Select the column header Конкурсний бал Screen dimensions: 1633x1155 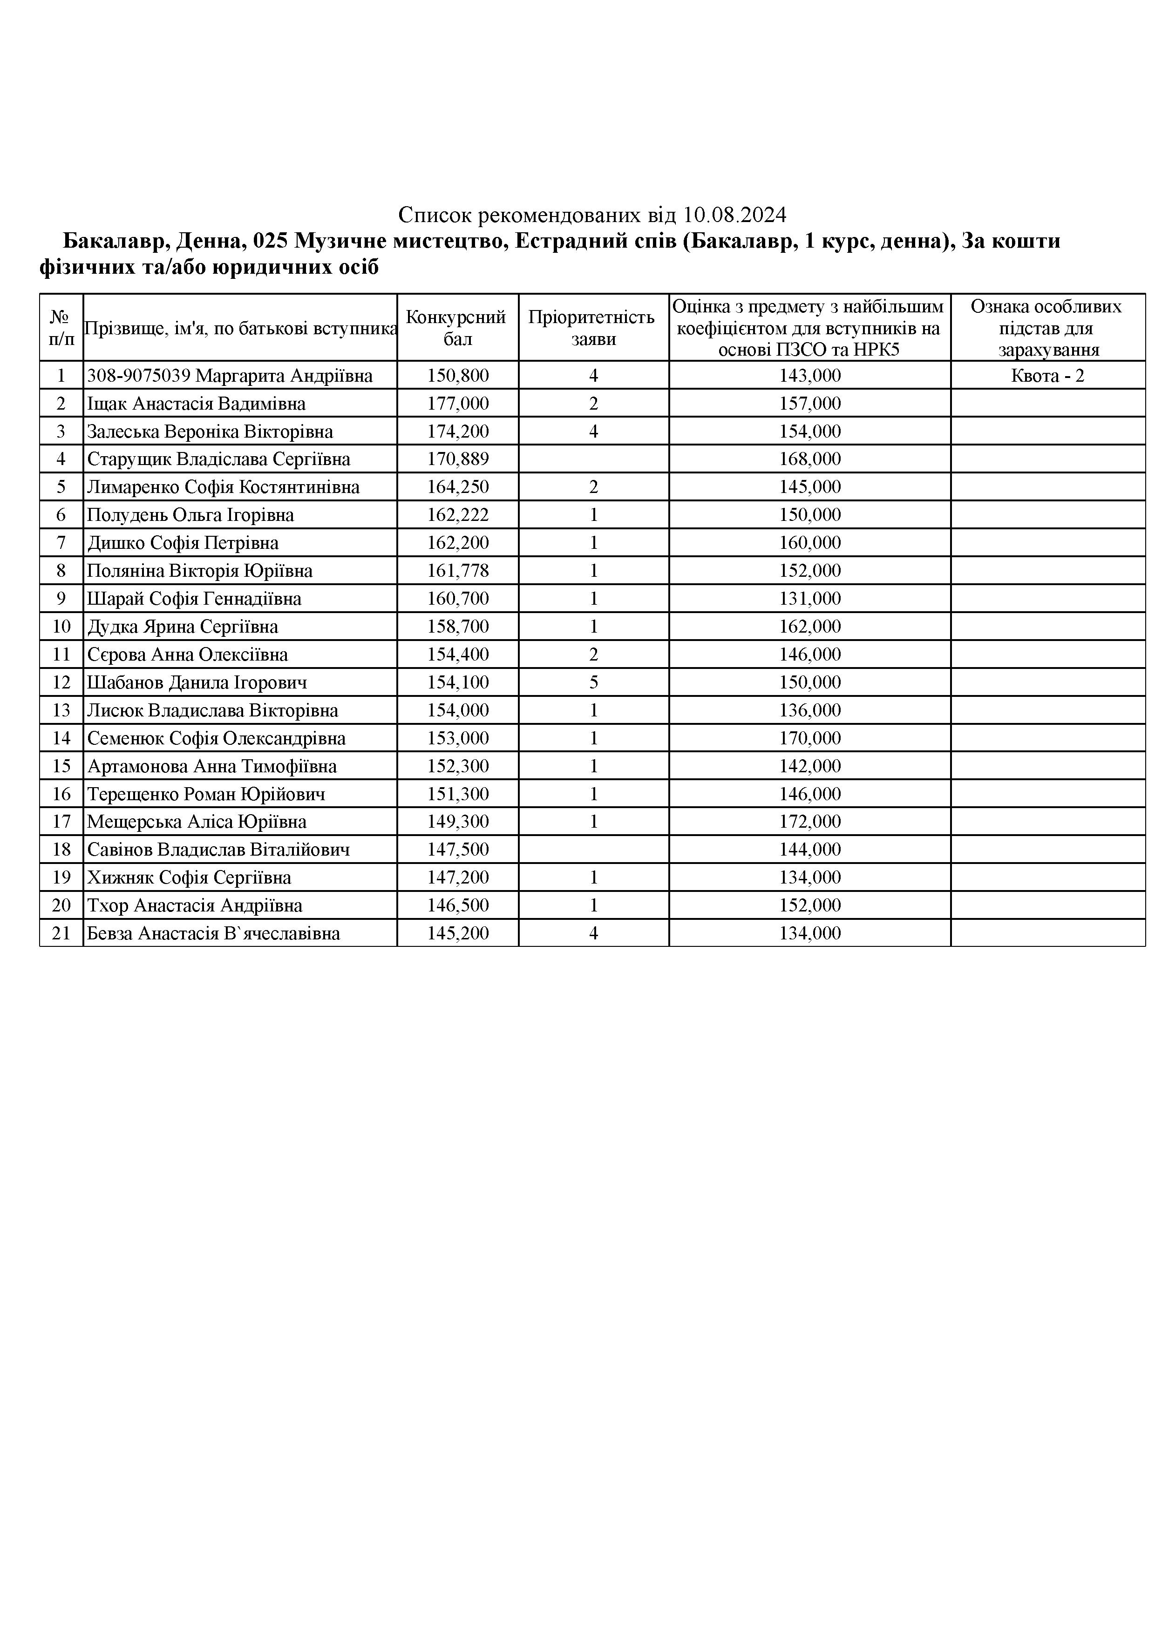457,328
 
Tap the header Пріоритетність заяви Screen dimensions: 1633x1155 593,328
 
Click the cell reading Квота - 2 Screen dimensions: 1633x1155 1047,376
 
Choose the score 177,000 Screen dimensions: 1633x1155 458,404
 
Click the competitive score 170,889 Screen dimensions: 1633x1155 458,459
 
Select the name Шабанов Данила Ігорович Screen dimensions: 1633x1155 197,683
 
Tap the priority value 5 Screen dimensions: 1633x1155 593,683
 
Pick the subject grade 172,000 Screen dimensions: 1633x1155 810,822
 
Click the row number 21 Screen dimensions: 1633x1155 61,934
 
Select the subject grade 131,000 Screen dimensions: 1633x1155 810,599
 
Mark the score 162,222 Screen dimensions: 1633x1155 458,515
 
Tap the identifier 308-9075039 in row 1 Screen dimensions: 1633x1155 139,376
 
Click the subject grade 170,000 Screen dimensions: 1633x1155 810,738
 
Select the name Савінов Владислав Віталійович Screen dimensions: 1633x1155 218,850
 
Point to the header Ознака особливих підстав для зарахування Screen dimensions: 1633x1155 1047,328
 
